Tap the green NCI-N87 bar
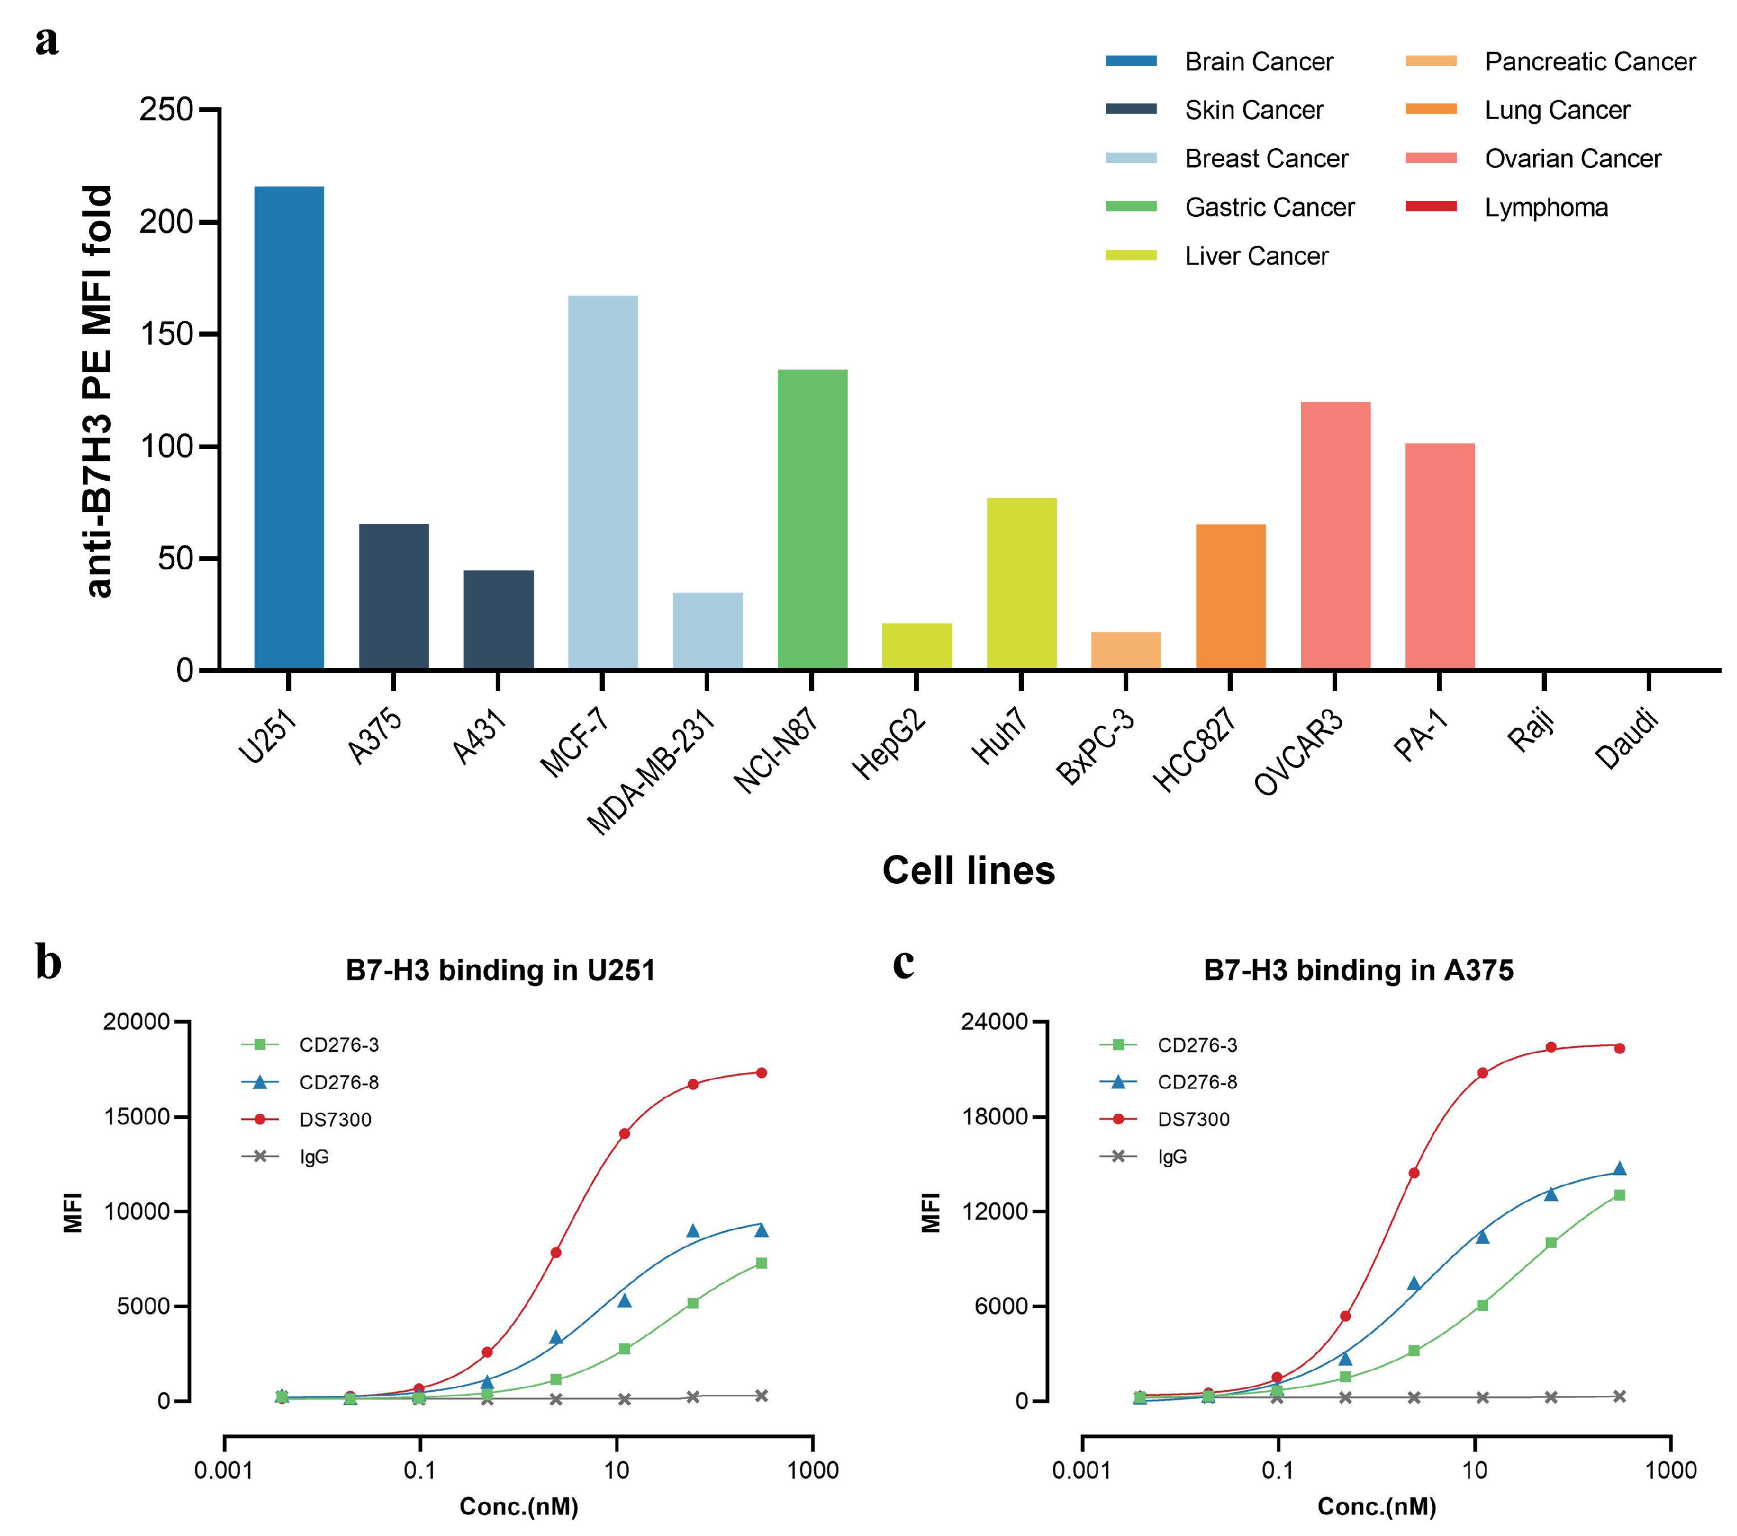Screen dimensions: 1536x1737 [813, 520]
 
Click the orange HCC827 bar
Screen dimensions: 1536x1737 [1230, 597]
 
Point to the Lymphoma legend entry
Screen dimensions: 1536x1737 [1545, 207]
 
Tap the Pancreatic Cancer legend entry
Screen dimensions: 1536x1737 [1589, 61]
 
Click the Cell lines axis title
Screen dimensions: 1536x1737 [968, 871]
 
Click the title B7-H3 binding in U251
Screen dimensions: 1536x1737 [500, 970]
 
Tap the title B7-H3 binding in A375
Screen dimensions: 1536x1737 [1358, 970]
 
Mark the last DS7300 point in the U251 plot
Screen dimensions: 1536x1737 [761, 1073]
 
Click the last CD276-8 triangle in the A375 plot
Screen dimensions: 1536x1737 [1619, 1169]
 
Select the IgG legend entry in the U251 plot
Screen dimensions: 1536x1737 [313, 1156]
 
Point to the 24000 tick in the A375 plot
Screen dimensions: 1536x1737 [994, 1021]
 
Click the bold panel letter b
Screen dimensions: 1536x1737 [48, 963]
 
